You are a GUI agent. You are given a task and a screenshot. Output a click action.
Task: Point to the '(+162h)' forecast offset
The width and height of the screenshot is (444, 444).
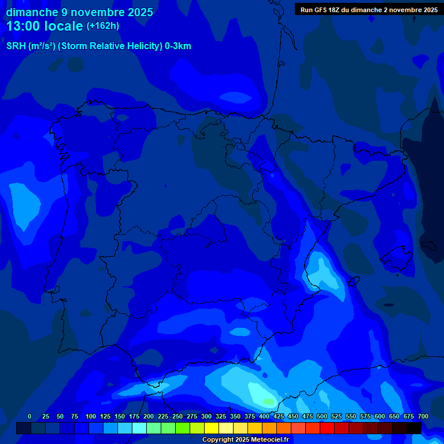click(103, 26)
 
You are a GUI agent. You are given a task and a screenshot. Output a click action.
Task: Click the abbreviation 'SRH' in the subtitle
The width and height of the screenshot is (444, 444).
click(16, 46)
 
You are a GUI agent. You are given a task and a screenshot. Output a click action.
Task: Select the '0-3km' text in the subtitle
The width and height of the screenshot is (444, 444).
click(177, 46)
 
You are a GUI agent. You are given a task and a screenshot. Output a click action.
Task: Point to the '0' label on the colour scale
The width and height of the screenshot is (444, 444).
click(29, 416)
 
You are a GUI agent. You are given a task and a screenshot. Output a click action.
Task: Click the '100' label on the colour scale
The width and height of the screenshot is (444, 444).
click(91, 416)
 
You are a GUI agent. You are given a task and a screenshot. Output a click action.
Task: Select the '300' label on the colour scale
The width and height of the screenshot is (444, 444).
click(206, 416)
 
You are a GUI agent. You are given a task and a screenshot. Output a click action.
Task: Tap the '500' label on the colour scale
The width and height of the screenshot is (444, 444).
click(322, 416)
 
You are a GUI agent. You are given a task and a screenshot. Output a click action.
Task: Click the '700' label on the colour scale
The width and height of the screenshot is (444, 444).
click(423, 416)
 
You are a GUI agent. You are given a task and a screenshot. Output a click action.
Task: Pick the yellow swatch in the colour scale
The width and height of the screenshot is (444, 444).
click(212, 428)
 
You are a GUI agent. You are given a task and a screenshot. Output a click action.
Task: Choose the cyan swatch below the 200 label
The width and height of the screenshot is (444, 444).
click(139, 428)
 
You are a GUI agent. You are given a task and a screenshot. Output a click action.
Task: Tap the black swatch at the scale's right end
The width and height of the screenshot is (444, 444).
click(414, 428)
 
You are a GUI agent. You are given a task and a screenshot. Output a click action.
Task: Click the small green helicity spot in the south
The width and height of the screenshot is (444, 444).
click(269, 401)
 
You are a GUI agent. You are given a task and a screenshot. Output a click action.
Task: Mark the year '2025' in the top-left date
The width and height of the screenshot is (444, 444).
click(139, 12)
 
